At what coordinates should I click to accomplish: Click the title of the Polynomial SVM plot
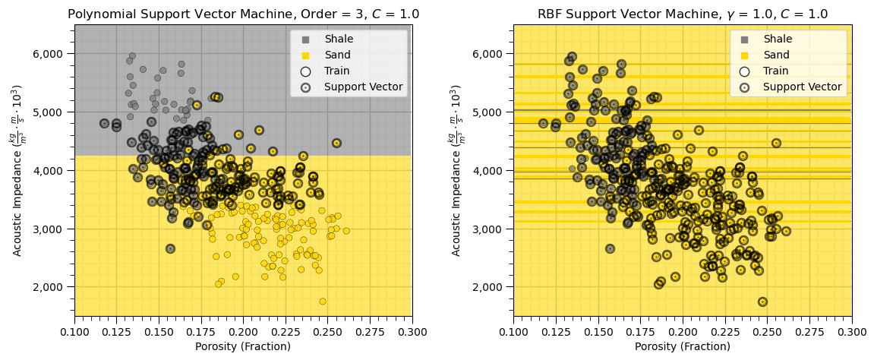[243, 14]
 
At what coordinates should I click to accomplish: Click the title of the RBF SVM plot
[682, 14]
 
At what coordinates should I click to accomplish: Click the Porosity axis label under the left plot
[243, 346]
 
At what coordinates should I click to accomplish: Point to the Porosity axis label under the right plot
[682, 346]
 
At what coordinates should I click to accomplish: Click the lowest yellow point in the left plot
[323, 302]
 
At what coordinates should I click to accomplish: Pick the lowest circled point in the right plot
[762, 302]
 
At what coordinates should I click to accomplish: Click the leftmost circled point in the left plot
[105, 123]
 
